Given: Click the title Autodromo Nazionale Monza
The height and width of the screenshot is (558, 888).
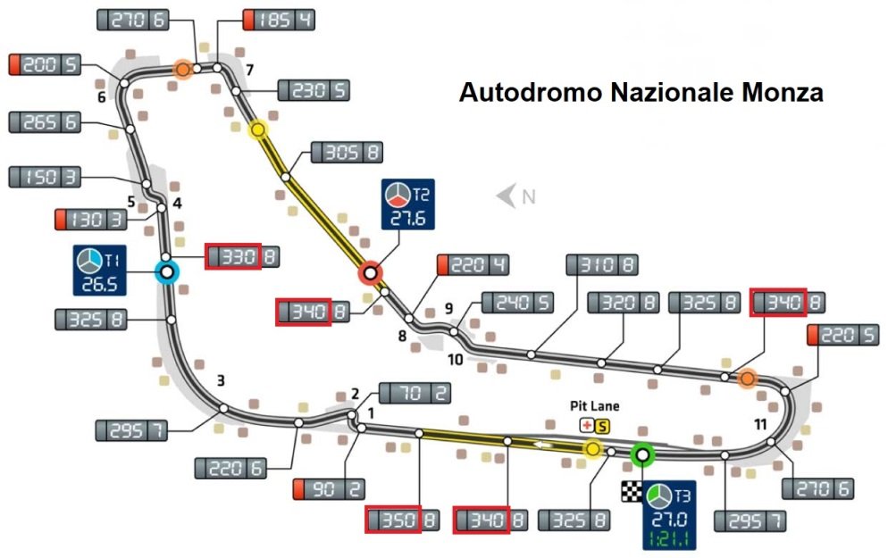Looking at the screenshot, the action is click(641, 92).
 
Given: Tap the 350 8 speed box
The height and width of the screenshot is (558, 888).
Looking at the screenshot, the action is click(402, 520).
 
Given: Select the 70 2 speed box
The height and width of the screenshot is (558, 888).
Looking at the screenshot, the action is click(415, 393).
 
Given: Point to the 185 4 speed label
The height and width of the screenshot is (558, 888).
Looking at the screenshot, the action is click(280, 20).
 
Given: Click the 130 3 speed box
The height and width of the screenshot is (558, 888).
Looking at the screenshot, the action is click(90, 220).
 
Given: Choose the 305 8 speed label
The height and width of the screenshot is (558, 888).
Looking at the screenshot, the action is click(348, 153).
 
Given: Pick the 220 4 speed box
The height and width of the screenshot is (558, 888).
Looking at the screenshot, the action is click(473, 265).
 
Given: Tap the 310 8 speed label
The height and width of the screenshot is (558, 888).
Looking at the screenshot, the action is click(602, 265).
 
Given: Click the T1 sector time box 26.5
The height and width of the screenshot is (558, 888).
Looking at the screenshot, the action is click(100, 270).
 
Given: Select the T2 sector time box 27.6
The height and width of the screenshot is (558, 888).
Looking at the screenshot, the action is click(407, 204).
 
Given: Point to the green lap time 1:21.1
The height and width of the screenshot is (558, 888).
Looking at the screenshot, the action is click(669, 538).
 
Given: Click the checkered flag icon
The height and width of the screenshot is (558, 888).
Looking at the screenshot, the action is click(632, 491).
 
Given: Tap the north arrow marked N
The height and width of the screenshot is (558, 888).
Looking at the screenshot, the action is click(516, 196).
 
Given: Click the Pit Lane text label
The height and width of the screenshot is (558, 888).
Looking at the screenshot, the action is click(594, 405).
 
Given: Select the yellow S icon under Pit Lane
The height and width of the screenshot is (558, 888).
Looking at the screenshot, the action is click(602, 426).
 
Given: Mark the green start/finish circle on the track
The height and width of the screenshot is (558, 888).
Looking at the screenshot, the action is click(642, 454).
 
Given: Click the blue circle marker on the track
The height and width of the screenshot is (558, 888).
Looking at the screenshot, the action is click(167, 272).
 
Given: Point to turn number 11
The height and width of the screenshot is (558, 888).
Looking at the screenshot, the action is click(760, 424).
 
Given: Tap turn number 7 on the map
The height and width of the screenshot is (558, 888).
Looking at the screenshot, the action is click(249, 71).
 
